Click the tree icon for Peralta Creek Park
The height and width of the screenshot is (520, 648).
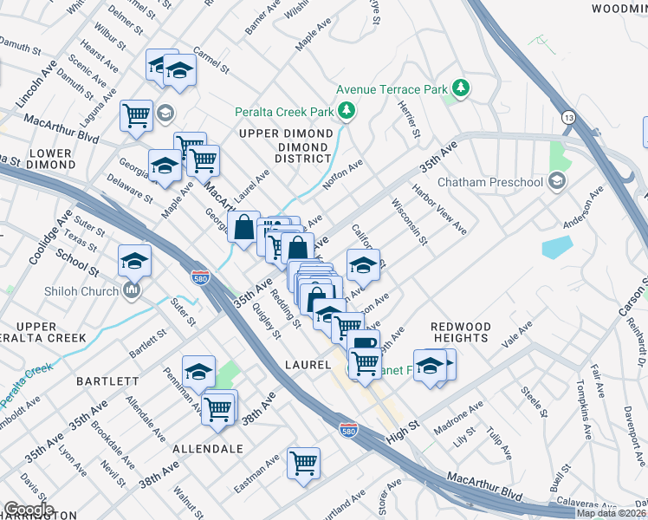[347, 111]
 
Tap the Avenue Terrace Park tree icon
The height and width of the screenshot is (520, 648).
[462, 88]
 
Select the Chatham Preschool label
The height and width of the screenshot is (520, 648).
[489, 182]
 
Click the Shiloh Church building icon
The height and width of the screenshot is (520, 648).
[132, 291]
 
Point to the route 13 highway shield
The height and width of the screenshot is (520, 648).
[567, 116]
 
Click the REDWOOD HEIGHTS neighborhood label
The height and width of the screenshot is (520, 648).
[461, 332]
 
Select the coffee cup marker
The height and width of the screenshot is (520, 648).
[365, 343]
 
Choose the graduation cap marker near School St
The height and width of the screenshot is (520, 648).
[135, 259]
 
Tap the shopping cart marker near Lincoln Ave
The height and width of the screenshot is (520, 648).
[136, 114]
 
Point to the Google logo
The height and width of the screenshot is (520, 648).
[28, 510]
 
